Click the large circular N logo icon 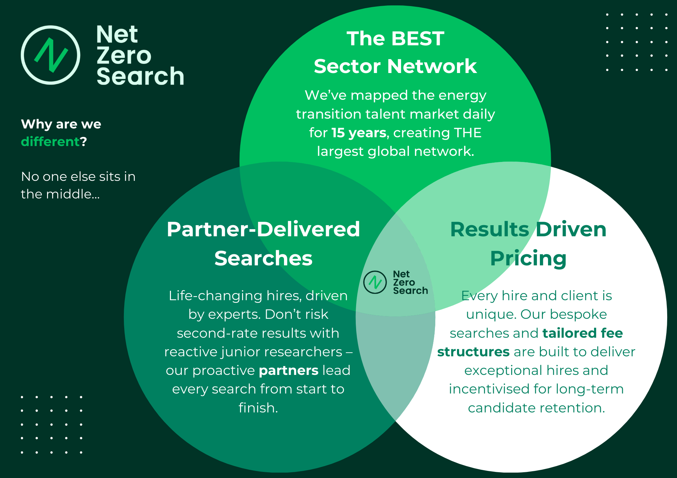(x=51, y=55)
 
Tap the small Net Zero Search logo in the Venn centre (x=395, y=282)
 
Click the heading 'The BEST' (x=395, y=39)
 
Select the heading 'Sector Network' (x=395, y=66)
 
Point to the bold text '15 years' (x=359, y=133)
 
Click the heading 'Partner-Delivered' (x=263, y=229)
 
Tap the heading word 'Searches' (x=263, y=258)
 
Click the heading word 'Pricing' (x=528, y=258)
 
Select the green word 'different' (x=50, y=142)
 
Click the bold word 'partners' (x=288, y=371)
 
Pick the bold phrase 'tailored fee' (x=583, y=333)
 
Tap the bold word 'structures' (x=473, y=352)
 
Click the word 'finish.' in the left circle (x=258, y=408)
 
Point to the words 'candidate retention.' (x=536, y=408)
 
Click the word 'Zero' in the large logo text (x=124, y=55)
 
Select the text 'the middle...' (x=60, y=194)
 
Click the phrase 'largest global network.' (x=395, y=151)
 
